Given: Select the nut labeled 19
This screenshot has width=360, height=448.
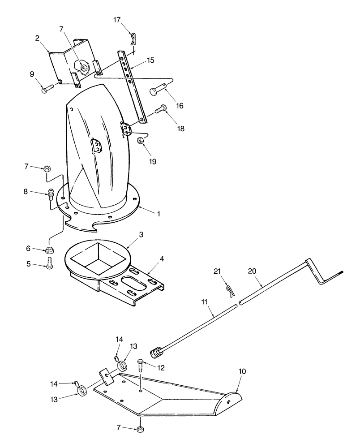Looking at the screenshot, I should (140, 141).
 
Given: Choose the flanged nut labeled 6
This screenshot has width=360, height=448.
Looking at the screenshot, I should (49, 250).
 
